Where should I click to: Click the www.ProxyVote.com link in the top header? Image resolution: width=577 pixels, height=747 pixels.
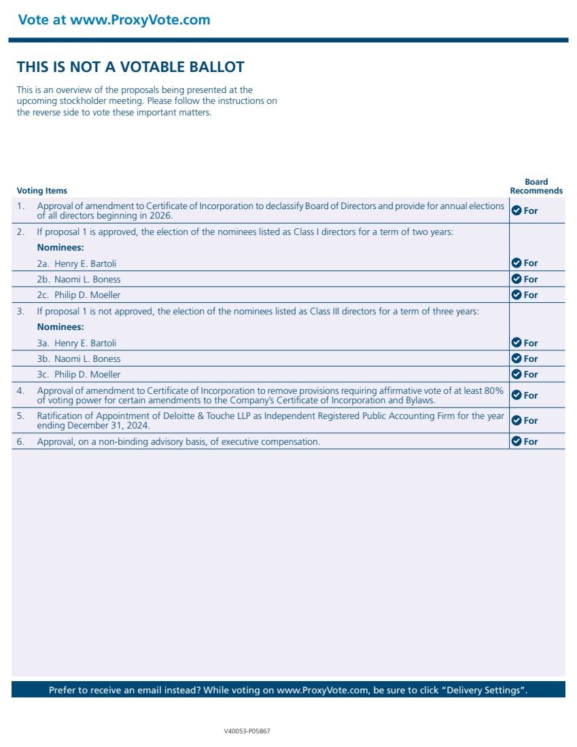click(140, 20)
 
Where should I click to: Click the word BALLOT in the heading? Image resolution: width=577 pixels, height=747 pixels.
click(213, 67)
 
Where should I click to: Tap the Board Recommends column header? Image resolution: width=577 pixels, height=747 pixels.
click(536, 186)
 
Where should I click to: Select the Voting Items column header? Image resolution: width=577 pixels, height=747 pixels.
click(41, 191)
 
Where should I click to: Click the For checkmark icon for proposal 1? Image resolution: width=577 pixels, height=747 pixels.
click(516, 211)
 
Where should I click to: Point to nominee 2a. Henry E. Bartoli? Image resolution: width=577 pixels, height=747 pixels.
click(77, 263)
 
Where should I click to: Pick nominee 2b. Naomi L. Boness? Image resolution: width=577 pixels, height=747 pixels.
click(78, 279)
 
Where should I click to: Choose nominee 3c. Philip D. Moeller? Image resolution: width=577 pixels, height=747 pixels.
click(78, 374)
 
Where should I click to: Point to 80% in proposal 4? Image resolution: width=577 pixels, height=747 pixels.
click(493, 390)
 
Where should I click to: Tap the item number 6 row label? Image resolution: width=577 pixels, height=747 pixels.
click(20, 441)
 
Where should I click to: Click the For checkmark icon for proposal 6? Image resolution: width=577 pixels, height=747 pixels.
click(516, 441)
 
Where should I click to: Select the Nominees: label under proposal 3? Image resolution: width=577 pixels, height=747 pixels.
click(60, 327)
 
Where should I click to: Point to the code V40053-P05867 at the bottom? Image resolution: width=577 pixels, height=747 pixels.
click(247, 731)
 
